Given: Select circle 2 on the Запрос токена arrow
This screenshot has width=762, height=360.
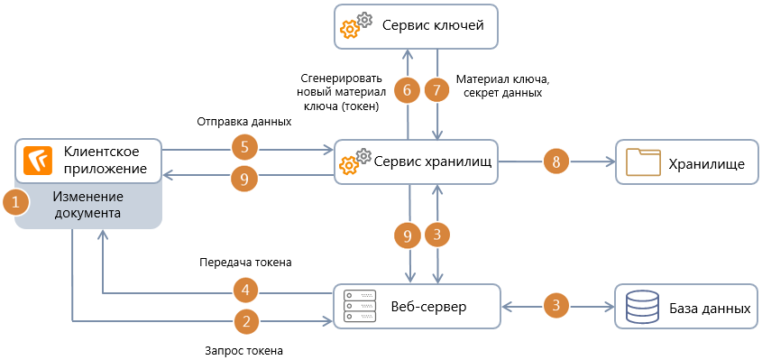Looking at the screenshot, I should click(246, 320).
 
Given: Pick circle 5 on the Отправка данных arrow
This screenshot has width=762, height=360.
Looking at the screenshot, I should click(246, 146).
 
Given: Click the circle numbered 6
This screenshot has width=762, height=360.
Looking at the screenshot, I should click(407, 90).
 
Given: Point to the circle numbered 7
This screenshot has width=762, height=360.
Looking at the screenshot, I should click(437, 90).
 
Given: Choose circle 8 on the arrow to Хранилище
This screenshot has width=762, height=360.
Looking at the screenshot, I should click(556, 162).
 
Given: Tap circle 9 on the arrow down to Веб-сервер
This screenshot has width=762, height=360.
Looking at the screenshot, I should click(407, 235).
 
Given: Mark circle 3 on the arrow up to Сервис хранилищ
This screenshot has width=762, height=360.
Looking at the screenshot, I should click(437, 235).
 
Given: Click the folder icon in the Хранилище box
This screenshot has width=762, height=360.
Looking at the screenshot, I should click(644, 162).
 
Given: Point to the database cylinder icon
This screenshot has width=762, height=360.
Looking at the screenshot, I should click(642, 307).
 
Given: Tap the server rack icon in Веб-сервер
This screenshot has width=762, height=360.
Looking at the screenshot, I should click(361, 307).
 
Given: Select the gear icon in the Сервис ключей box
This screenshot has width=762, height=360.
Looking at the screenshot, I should click(353, 27).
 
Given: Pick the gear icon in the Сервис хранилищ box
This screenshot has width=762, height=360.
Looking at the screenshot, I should click(353, 162).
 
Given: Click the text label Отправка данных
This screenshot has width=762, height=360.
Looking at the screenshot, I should click(243, 121).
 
